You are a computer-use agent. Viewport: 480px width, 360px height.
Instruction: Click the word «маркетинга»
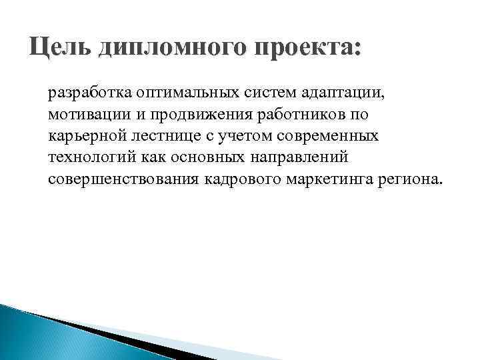click(331, 180)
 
